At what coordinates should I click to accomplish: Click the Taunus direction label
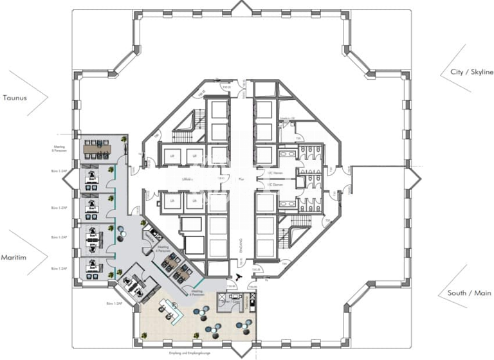(14, 98)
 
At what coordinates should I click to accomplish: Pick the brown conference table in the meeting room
(97, 148)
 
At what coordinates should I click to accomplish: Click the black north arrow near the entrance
(239, 277)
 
